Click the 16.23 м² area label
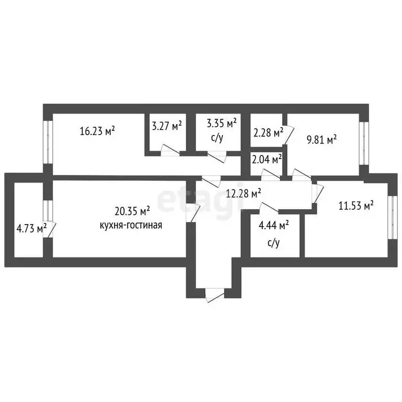click(97, 131)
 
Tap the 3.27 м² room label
click(167, 126)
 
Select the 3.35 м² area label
click(222, 124)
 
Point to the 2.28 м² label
click(268, 133)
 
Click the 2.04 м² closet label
click(267, 160)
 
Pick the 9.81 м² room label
click(322, 140)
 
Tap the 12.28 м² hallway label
click(243, 193)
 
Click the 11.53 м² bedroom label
click(356, 205)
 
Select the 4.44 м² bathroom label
click(274, 226)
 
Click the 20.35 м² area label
click(132, 212)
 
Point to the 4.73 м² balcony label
click(31, 228)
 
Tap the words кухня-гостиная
click(131, 225)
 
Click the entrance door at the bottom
click(215, 295)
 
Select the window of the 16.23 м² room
click(48, 142)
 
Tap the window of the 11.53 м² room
click(393, 218)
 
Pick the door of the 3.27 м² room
click(170, 150)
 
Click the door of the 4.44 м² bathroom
click(269, 208)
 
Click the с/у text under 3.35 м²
click(217, 138)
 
